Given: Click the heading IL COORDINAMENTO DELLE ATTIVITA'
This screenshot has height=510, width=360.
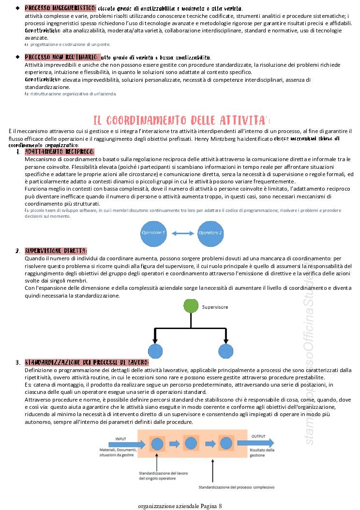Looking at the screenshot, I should tap(181, 120).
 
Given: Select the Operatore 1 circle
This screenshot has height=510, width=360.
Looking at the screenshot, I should tap(153, 233).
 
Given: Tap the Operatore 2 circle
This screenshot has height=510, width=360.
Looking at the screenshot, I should tap(210, 233).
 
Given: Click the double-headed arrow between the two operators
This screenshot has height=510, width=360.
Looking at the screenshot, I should tap(182, 233).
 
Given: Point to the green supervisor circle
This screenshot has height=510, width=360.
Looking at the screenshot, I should tap(191, 306).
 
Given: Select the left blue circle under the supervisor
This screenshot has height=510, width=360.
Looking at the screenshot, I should tap(155, 351).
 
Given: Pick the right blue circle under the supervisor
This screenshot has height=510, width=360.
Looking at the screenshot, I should tap(225, 351).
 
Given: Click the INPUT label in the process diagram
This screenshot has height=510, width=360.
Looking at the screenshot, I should tap(121, 439).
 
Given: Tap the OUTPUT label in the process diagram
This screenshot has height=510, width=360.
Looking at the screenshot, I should tap(258, 436).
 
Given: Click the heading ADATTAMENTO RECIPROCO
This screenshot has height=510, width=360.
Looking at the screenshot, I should tap(60, 152).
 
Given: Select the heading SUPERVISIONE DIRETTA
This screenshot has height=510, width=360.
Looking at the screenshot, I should tap(56, 251).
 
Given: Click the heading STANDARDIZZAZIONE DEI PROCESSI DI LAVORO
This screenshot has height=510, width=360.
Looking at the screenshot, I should tap(87, 362).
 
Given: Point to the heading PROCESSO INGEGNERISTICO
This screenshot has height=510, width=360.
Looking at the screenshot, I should tap(60, 9).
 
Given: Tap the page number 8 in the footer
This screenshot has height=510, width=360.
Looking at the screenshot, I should tap(220, 506).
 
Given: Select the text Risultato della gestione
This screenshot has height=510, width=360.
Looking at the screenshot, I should tap(262, 452).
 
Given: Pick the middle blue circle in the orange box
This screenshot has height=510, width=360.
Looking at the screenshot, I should tap(191, 443).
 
